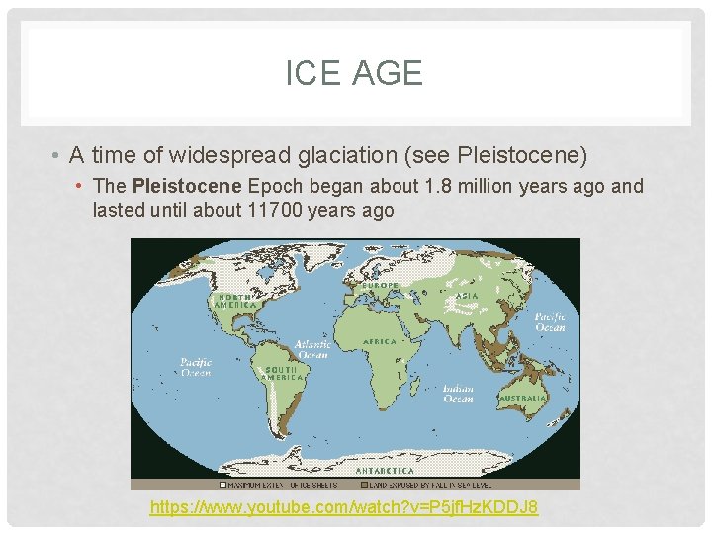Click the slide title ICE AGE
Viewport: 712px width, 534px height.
pos(354,73)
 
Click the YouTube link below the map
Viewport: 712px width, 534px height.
pos(343,507)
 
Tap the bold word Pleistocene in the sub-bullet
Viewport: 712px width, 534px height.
pos(187,186)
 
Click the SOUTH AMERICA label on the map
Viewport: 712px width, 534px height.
pos(283,373)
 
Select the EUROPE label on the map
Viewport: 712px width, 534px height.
pos(381,286)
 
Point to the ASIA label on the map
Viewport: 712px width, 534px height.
pos(467,295)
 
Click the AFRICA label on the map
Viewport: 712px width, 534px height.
pos(380,341)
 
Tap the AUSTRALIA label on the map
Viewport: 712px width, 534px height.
pos(523,398)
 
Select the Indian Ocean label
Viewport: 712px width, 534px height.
pos(458,393)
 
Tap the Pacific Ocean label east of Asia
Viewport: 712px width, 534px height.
pos(550,321)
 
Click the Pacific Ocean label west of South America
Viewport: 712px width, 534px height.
pos(196,367)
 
